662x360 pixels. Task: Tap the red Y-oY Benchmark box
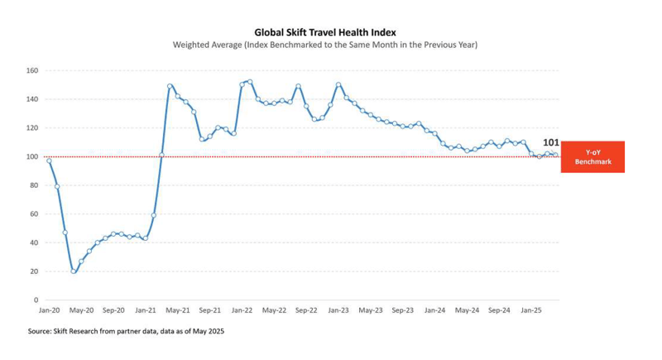point(592,157)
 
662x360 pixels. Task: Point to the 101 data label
point(550,142)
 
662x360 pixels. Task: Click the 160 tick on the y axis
point(31,70)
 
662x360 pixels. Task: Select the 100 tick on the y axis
point(31,156)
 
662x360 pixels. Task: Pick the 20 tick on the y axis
point(34,271)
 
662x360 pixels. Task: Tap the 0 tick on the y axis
point(36,300)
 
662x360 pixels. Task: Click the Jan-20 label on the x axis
point(50,310)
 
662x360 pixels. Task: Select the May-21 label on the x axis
point(178,310)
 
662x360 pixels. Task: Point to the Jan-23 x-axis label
point(338,310)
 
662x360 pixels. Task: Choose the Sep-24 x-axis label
point(499,310)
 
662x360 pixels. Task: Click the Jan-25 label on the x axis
point(531,310)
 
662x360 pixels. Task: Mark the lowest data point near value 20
point(74,271)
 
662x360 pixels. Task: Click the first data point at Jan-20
point(50,161)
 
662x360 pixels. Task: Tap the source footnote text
point(126,331)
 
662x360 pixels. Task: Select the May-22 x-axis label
point(274,310)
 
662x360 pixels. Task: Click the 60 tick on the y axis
point(34,214)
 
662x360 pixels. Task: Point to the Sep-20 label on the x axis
point(113,310)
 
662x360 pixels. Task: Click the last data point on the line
point(555,155)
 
